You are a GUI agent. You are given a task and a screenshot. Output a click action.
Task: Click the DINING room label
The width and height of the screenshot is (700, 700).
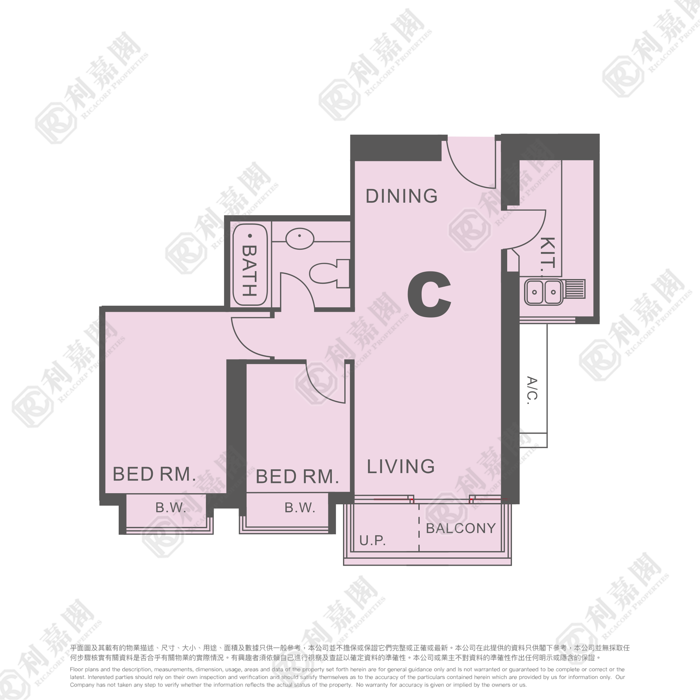402,196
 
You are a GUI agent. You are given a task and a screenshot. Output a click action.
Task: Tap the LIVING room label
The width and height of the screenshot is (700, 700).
401,466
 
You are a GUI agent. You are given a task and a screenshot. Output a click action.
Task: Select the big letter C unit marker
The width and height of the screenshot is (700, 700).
430,295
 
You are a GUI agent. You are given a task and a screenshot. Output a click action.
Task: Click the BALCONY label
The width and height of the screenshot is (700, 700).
461,528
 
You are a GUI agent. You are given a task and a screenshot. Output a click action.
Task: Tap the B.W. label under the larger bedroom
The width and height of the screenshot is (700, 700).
171,507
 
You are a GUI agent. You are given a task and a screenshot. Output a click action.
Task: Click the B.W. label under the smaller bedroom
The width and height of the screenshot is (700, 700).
300,507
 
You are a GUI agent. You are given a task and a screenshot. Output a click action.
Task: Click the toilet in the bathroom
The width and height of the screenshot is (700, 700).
329,273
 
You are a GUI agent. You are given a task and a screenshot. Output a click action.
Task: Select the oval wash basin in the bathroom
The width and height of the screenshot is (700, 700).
300,239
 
